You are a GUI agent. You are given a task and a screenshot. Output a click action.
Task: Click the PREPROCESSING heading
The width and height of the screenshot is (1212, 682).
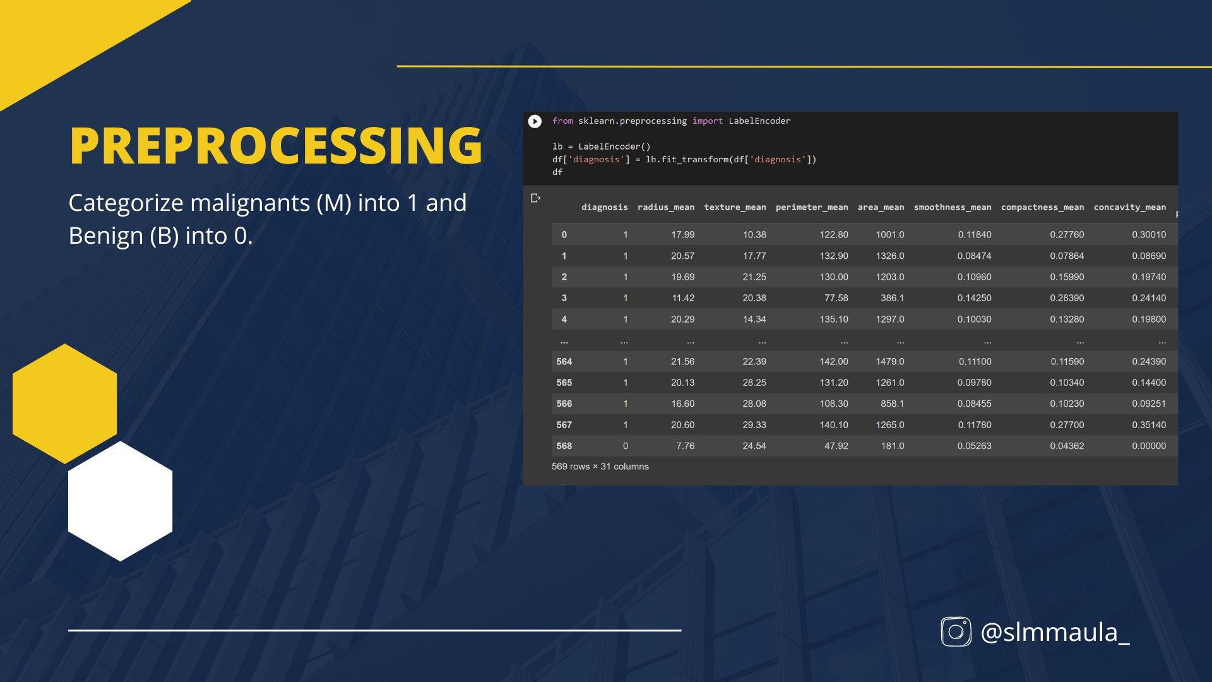[x=276, y=146]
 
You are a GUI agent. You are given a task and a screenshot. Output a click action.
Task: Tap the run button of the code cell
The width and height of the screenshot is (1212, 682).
[x=535, y=121]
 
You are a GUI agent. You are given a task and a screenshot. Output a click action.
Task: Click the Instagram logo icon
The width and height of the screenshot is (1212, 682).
[x=956, y=631]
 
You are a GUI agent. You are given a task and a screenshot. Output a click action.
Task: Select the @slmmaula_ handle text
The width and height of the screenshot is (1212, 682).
[x=1055, y=632]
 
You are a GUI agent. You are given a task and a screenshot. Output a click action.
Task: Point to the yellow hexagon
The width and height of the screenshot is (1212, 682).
[x=65, y=404]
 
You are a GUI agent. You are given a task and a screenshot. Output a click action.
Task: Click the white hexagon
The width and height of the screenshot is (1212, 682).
[x=121, y=501]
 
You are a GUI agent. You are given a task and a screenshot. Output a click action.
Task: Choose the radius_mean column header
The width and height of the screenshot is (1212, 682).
[x=666, y=207]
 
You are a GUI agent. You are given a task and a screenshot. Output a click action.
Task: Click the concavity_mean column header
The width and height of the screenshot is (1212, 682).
[x=1130, y=207]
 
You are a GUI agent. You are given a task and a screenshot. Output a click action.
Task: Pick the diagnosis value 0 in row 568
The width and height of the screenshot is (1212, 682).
[x=626, y=446]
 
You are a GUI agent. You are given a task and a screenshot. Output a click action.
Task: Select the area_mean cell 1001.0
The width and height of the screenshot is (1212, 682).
[x=889, y=234]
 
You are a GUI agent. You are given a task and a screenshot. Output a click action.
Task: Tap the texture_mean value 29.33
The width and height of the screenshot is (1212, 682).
[x=754, y=425]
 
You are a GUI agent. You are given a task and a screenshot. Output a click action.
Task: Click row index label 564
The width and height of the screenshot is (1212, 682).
[x=564, y=362]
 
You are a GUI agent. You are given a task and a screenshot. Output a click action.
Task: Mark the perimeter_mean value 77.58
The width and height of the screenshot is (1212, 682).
[x=836, y=298]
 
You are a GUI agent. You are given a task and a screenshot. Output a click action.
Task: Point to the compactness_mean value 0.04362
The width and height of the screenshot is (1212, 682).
[x=1067, y=446]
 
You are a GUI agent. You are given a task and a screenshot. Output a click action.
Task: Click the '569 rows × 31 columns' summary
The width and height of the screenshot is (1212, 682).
[x=600, y=467]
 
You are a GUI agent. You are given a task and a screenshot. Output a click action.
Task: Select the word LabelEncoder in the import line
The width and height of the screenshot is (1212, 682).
[x=759, y=121]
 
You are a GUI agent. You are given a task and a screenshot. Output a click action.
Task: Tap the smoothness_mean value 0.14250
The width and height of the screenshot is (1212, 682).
[x=975, y=298]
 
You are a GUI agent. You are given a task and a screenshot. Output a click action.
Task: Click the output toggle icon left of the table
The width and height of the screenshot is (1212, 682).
[x=536, y=198]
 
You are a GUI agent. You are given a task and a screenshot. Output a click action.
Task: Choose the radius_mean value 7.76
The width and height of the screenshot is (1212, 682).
[x=686, y=446]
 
